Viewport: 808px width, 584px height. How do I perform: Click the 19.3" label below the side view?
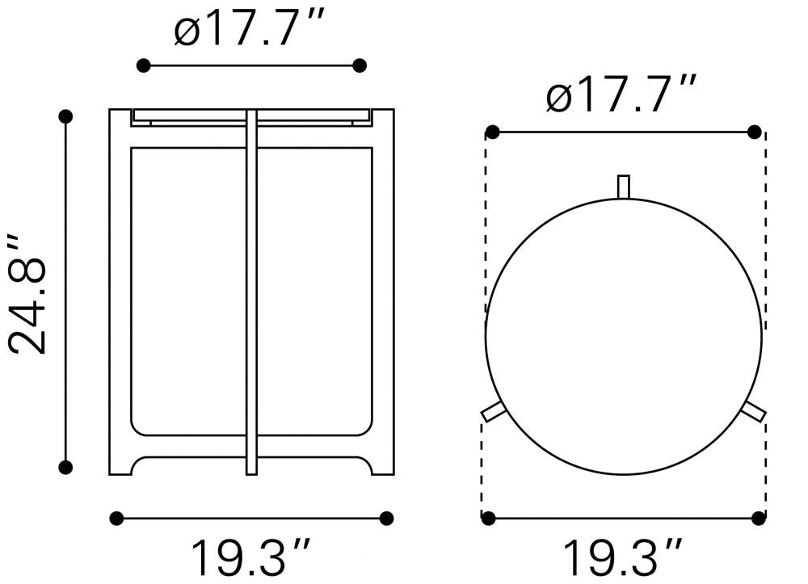(x=251, y=557)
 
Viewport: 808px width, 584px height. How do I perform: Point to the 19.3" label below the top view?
(x=622, y=557)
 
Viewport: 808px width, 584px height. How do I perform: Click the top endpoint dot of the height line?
(x=65, y=117)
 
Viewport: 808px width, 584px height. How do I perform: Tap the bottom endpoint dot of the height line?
(x=65, y=467)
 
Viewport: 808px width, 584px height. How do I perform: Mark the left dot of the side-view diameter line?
(x=144, y=65)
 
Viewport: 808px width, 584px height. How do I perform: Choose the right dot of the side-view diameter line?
(x=360, y=65)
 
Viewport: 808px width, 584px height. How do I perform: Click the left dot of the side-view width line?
(x=117, y=518)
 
